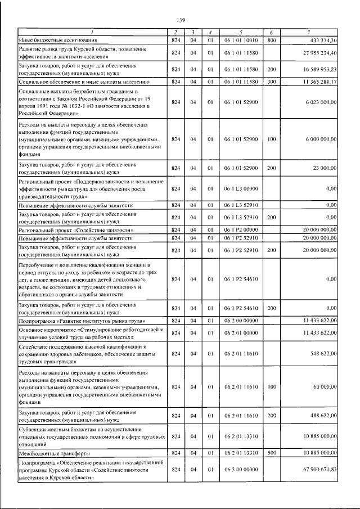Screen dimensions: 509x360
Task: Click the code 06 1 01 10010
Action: pyautogui.click(x=240, y=40)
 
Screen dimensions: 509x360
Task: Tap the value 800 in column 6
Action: pyautogui.click(x=271, y=40)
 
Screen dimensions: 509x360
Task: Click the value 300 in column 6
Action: pyautogui.click(x=271, y=82)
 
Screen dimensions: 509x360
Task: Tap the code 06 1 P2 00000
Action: pyautogui.click(x=240, y=230)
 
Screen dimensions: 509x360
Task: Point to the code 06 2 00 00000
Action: pyautogui.click(x=240, y=320)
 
